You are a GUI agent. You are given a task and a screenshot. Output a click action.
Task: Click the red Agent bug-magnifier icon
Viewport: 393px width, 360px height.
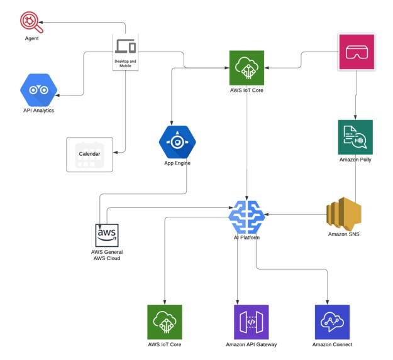[30, 23]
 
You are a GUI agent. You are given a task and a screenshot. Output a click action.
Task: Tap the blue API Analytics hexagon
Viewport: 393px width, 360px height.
[39, 90]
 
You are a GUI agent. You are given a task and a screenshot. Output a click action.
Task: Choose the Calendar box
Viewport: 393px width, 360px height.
[90, 154]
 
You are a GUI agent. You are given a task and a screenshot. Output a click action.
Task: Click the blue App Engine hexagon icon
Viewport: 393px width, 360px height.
[177, 142]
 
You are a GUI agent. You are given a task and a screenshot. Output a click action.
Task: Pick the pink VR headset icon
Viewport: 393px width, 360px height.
[357, 52]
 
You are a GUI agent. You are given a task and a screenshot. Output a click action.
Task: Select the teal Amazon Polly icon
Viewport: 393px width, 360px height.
[355, 137]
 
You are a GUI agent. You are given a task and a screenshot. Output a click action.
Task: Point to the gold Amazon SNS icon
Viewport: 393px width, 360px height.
[344, 214]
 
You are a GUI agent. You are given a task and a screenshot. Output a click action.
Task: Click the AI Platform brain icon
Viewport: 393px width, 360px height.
[247, 217]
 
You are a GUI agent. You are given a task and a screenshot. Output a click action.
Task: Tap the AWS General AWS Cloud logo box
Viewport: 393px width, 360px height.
[106, 236]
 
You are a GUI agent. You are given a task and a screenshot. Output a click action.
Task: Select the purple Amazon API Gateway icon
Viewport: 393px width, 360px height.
[251, 322]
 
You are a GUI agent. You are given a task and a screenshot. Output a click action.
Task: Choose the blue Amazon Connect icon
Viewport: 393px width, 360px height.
[332, 322]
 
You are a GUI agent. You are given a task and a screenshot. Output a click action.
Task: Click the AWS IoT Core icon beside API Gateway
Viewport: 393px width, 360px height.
[165, 322]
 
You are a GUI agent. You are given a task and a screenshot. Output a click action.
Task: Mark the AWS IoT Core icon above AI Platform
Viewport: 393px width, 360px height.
[247, 68]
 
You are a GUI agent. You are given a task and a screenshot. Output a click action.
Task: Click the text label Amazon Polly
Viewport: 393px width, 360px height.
[355, 160]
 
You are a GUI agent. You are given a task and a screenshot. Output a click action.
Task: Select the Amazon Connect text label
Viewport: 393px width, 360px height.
[332, 345]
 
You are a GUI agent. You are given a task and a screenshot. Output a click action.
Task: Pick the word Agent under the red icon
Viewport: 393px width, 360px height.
[31, 38]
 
